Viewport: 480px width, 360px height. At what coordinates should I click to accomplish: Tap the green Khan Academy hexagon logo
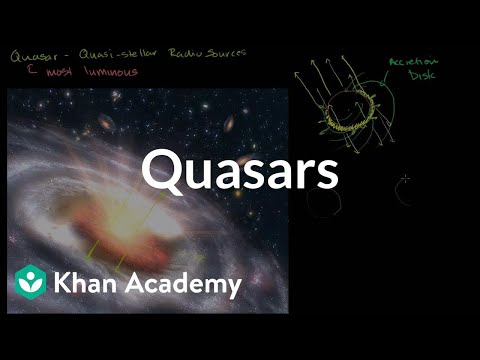[31, 284]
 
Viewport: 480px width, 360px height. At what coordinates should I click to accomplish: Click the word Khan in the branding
[89, 284]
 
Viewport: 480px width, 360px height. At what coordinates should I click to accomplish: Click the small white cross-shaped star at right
[404, 183]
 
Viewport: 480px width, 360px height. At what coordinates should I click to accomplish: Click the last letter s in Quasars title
[326, 177]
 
